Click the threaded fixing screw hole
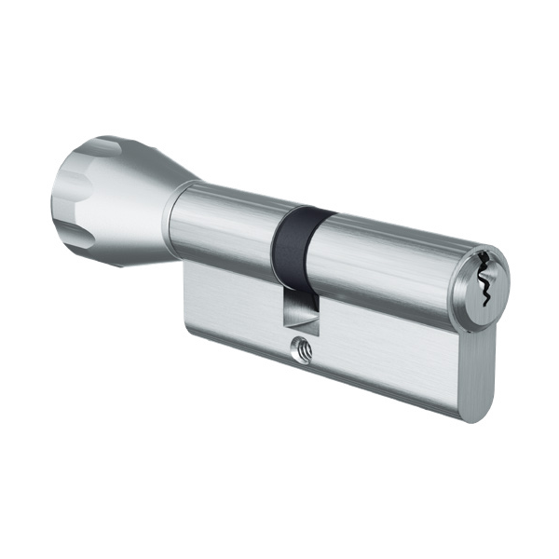click(301, 350)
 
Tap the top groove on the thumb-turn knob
click(106, 148)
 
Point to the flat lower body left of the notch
click(233, 298)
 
